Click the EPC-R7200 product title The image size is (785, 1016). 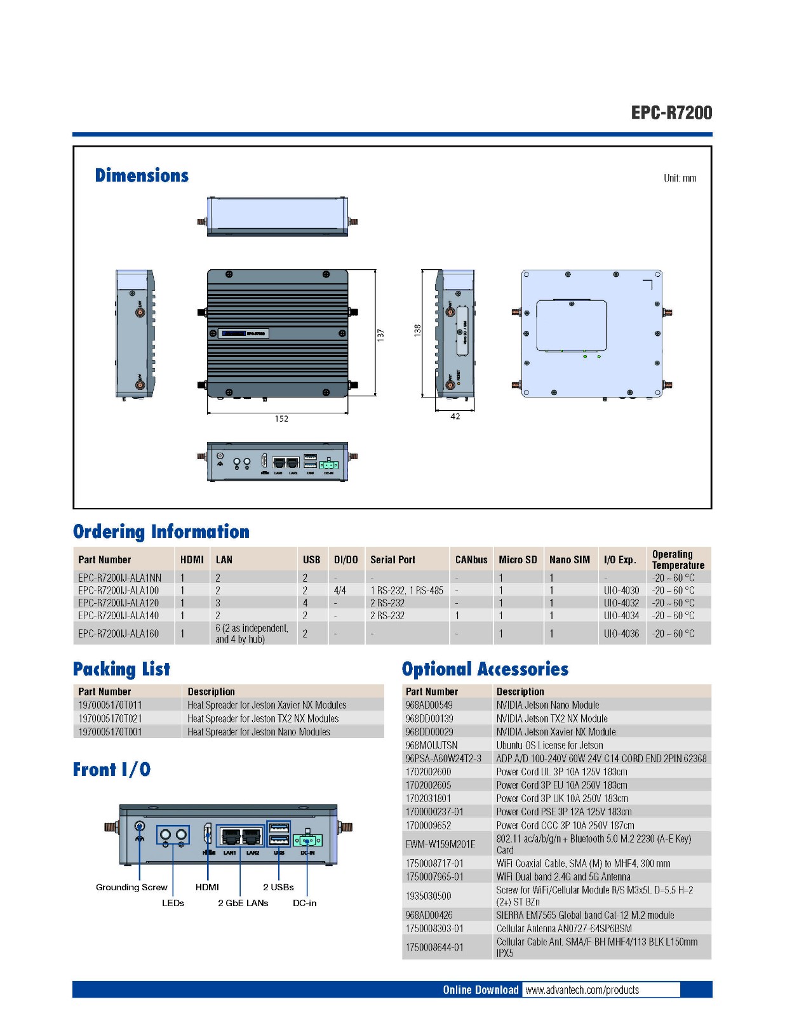pos(671,113)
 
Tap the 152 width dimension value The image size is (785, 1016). pos(281,419)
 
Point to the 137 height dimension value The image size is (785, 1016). pos(380,334)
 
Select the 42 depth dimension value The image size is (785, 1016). pos(455,417)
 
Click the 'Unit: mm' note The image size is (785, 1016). pos(680,178)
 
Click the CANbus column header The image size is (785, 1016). pos(471,560)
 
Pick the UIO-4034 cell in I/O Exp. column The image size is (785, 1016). pos(621,615)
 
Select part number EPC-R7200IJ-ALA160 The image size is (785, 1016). pos(118,634)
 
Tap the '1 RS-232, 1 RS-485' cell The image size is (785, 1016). pos(406,591)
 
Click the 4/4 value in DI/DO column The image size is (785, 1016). pos(340,591)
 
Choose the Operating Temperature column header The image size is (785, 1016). pos(678,559)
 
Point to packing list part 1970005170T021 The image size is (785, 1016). pos(110,718)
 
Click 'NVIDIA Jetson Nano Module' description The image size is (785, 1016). pos(547,705)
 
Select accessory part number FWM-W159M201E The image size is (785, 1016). pos(440,844)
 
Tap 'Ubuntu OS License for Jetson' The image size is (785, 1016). pos(549,745)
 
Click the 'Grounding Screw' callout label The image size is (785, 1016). pos(131,887)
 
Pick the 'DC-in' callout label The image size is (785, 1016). pos(304,903)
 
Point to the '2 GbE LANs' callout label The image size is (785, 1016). pos(243,903)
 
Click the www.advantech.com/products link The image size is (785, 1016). pos(582,990)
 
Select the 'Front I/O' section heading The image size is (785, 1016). pos(112,770)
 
